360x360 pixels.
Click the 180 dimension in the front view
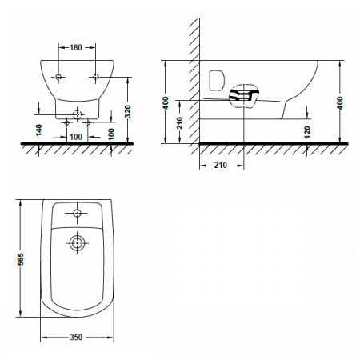(76, 47)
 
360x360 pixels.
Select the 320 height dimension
(128, 111)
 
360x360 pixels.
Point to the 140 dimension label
(39, 130)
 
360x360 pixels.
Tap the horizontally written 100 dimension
(76, 137)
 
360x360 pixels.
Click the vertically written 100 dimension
(111, 134)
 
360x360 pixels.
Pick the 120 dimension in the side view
(307, 133)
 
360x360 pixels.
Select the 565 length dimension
(20, 259)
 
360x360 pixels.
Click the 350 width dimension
(76, 338)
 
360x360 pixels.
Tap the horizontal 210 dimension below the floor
(221, 166)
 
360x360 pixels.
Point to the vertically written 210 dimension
(180, 123)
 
